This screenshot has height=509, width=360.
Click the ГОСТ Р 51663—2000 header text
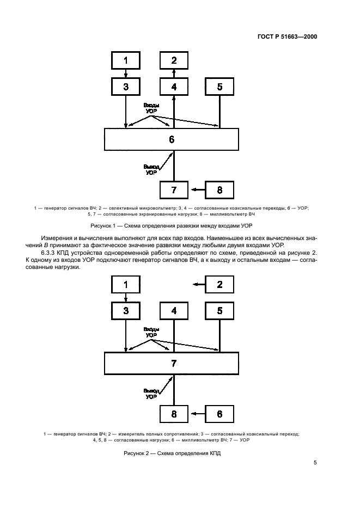(x=288, y=37)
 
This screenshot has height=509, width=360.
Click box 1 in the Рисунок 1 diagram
(x=126, y=60)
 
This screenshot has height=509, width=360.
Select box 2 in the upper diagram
(x=174, y=60)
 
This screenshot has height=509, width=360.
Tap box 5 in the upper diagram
(x=219, y=87)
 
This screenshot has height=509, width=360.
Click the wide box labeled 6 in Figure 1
(x=172, y=139)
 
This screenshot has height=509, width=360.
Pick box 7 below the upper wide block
(x=174, y=189)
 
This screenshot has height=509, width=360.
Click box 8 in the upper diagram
(x=219, y=189)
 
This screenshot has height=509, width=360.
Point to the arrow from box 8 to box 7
(x=197, y=189)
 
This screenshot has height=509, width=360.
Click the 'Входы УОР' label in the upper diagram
(x=151, y=107)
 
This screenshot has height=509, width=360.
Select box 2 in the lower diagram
(x=219, y=284)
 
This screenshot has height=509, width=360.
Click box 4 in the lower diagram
(x=174, y=311)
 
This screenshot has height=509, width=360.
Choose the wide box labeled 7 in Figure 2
(x=172, y=363)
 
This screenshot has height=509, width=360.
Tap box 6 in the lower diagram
(x=219, y=414)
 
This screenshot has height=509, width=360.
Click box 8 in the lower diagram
(x=174, y=414)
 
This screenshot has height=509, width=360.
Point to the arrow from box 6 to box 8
(x=197, y=414)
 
